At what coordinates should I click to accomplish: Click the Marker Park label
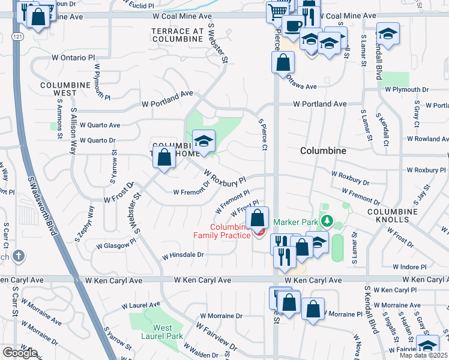click(x=295, y=222)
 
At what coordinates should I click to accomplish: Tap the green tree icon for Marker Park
click(x=326, y=222)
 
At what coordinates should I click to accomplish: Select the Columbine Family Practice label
click(x=221, y=231)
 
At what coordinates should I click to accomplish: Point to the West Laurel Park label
click(x=162, y=332)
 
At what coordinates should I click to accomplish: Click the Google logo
click(x=19, y=352)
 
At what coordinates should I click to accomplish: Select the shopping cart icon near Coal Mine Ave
click(x=277, y=11)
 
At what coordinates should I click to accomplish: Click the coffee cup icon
click(x=292, y=26)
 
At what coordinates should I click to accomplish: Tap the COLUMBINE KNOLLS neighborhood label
click(x=392, y=216)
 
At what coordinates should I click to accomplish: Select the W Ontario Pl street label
click(x=73, y=58)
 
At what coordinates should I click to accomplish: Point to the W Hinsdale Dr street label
click(x=182, y=255)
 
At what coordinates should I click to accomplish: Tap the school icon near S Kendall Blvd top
click(x=388, y=34)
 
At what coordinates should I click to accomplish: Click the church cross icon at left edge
click(x=20, y=255)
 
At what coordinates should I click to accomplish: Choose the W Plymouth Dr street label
click(x=406, y=89)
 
